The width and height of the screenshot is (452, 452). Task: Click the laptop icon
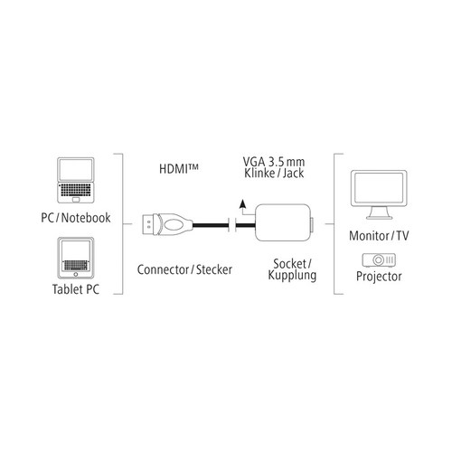75,180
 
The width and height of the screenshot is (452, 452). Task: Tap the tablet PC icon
76,258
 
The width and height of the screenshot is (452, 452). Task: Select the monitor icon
379,194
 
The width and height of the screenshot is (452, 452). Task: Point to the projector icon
379,259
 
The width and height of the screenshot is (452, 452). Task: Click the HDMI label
179,168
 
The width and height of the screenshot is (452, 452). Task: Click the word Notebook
86,218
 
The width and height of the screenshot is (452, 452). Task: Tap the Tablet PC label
76,289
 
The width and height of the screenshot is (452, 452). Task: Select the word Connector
163,269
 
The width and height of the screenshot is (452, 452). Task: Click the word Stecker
214,269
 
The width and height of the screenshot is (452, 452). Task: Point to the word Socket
289,264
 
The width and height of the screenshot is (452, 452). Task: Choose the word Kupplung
292,276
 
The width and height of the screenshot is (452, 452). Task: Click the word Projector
379,277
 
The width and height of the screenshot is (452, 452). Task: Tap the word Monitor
369,236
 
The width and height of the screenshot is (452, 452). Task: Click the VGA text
254,162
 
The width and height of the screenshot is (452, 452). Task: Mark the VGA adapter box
283,222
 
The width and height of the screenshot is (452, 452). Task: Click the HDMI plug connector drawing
167,224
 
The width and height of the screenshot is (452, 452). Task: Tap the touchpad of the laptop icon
76,200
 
